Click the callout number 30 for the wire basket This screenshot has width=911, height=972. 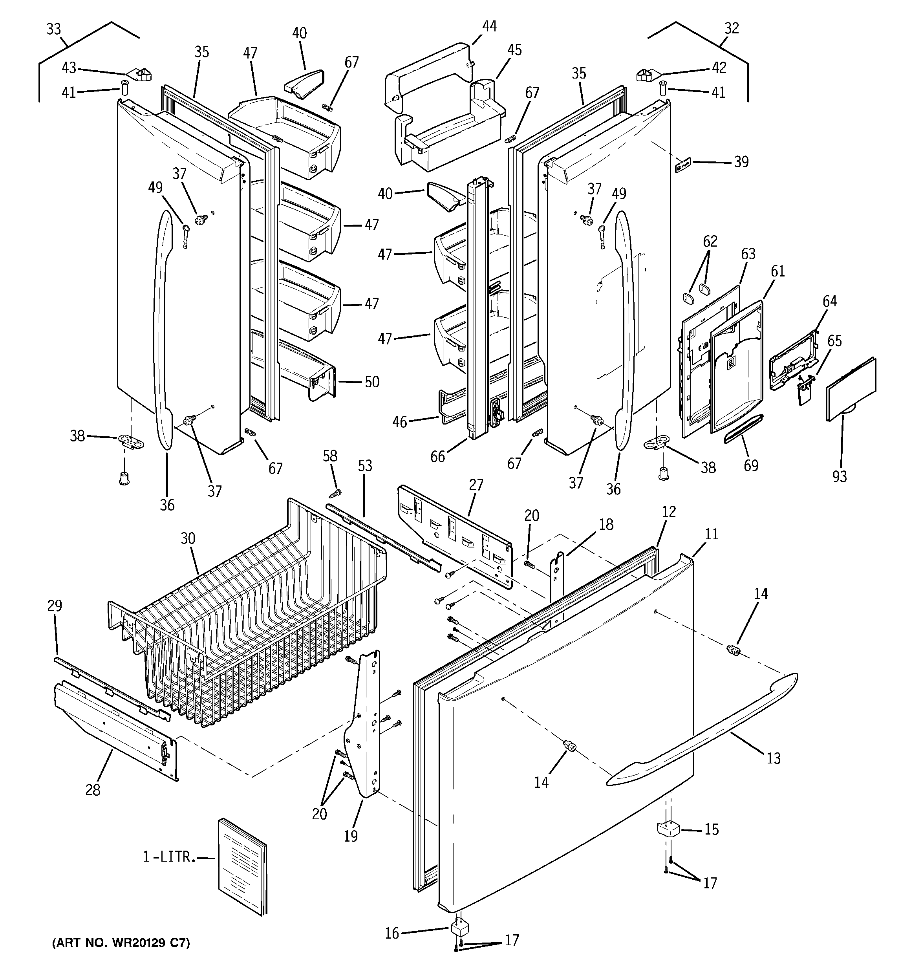pos(188,538)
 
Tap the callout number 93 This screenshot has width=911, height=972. pos(839,476)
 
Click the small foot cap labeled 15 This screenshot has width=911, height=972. pos(668,830)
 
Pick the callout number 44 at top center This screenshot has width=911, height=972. pos(489,26)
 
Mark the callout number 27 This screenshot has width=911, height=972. pos(476,485)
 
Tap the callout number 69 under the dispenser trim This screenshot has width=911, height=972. pos(751,465)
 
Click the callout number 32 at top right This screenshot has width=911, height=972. pos(731,28)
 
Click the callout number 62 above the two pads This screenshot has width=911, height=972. pos(710,241)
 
